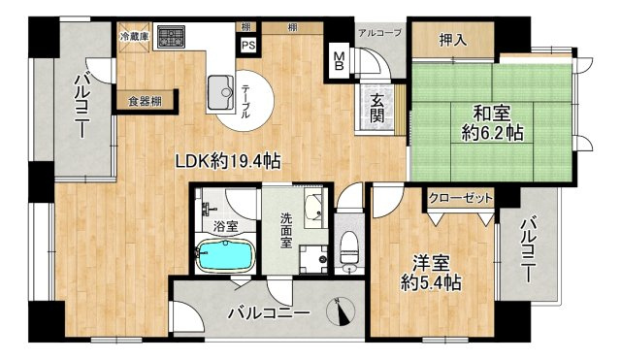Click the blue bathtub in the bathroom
(226, 255)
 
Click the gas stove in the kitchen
(171, 37)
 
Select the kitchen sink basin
(221, 93)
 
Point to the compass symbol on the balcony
(341, 311)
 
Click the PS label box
(248, 45)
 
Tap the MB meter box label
(339, 61)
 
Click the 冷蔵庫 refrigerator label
(135, 37)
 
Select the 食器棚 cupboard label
(145, 101)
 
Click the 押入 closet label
(451, 40)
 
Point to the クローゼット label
(461, 197)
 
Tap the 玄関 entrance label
(377, 108)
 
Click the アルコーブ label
(379, 32)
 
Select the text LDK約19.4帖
(228, 161)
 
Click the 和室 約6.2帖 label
(492, 123)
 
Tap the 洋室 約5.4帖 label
(431, 273)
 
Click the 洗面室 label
(286, 231)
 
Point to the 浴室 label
(225, 227)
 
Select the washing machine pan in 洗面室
(313, 259)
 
